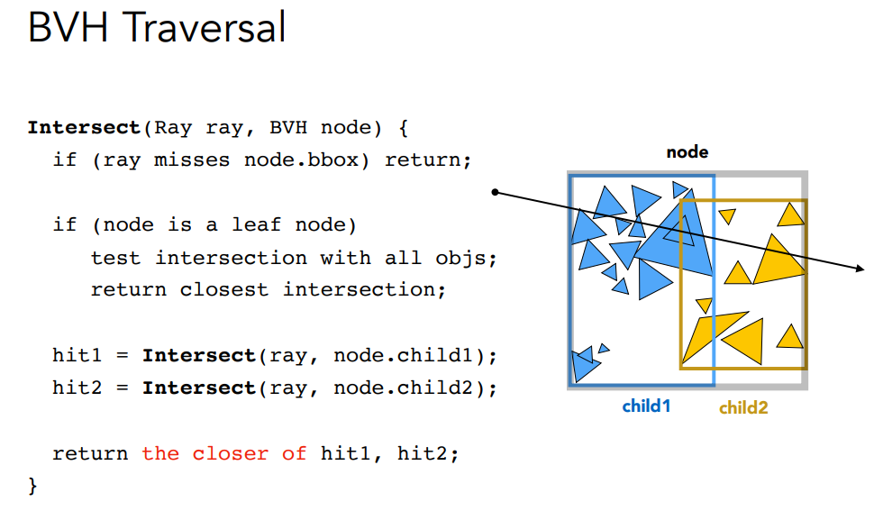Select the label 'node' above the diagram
click(687, 152)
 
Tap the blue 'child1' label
click(646, 406)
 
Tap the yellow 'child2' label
click(743, 407)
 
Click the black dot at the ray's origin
click(495, 192)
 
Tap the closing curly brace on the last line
click(33, 486)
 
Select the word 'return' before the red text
click(90, 453)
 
